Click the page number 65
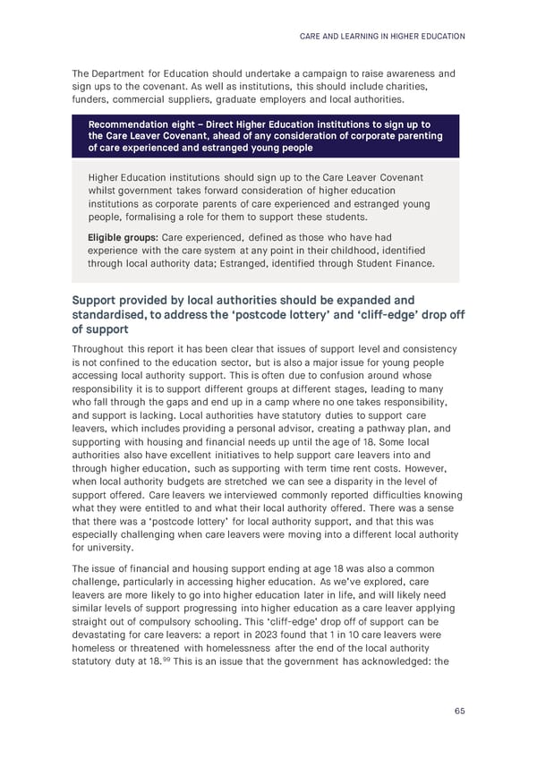point(458,711)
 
